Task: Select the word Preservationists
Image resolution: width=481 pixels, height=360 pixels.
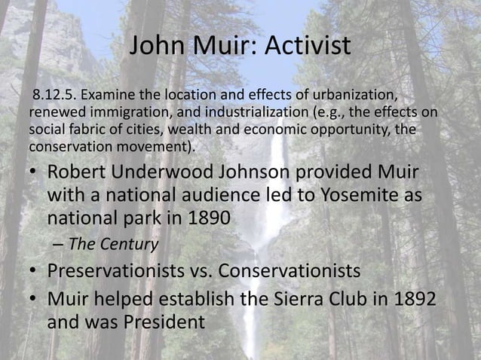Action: click(119, 271)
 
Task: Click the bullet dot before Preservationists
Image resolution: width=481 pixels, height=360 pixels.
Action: click(35, 271)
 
